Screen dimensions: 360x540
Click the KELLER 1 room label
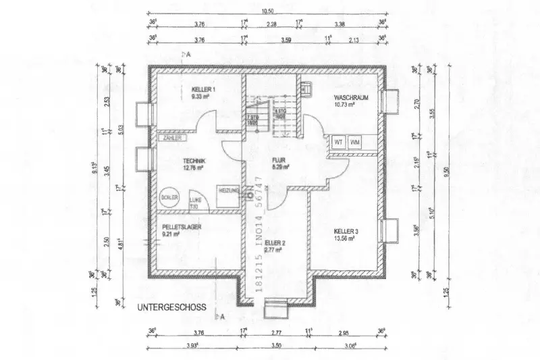[x=203, y=90]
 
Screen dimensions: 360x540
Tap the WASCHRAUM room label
[x=351, y=98]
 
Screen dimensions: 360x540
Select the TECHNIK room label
[x=194, y=160]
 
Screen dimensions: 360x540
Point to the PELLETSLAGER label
[x=182, y=227]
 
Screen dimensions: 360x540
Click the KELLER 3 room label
[x=346, y=232]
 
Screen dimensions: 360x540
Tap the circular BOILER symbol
[x=169, y=197]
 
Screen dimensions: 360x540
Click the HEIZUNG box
[x=228, y=192]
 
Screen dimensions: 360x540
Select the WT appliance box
[x=339, y=143]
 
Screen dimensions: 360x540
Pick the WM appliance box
[x=355, y=143]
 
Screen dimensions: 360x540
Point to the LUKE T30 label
[x=196, y=203]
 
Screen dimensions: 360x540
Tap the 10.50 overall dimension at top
[x=267, y=11]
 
